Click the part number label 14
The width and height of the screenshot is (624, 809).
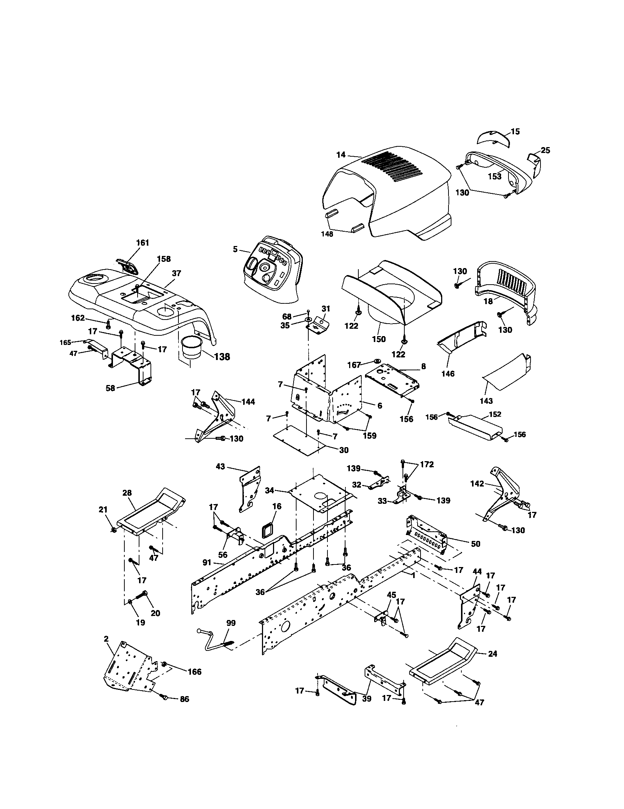tap(341, 155)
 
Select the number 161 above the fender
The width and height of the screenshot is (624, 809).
tap(142, 243)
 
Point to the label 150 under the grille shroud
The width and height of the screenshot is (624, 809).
tap(379, 339)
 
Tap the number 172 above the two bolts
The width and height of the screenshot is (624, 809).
tap(426, 464)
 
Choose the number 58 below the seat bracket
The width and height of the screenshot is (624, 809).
tap(110, 388)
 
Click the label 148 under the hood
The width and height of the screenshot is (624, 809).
tap(327, 234)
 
